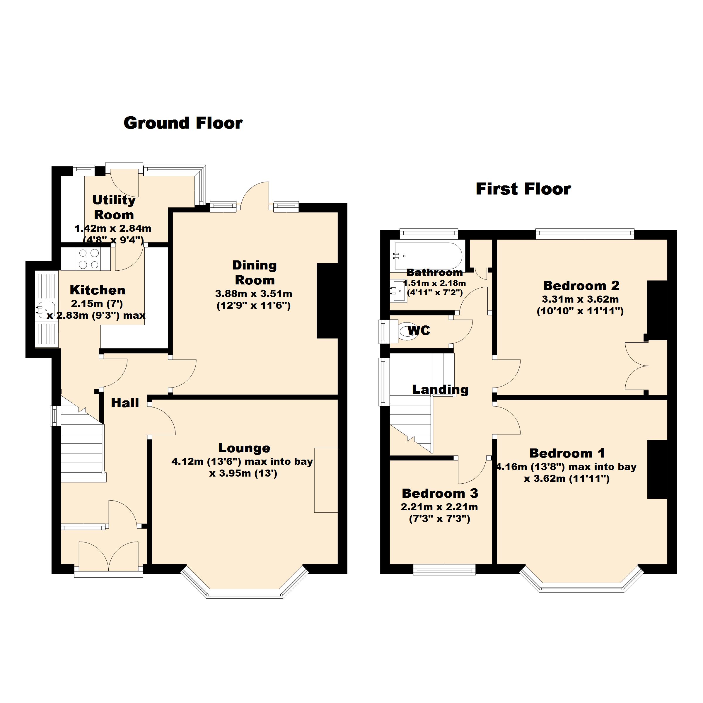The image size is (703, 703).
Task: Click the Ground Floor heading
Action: pos(183,123)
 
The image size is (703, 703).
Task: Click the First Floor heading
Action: pos(523,189)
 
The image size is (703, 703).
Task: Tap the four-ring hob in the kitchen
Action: pos(89,259)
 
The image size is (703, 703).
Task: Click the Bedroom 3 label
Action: pos(440,493)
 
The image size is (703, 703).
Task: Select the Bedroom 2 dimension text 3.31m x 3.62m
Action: pos(580,299)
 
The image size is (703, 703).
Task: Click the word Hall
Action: pos(125,403)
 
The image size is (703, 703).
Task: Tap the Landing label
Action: pos(440,389)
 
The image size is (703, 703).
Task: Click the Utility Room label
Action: pos(114,207)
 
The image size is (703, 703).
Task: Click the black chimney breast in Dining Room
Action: pos(327,301)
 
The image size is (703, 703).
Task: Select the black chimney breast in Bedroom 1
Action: pos(657,469)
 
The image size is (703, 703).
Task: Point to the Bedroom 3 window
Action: pos(444,569)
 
